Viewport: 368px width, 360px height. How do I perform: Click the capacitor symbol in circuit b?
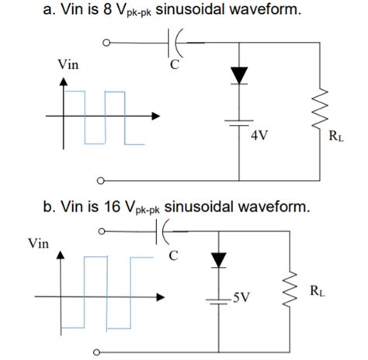point(165,230)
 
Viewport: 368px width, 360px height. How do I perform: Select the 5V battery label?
point(241,297)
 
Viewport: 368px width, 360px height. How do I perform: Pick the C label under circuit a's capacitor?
point(175,65)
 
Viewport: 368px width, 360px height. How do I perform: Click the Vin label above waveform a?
point(67,65)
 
